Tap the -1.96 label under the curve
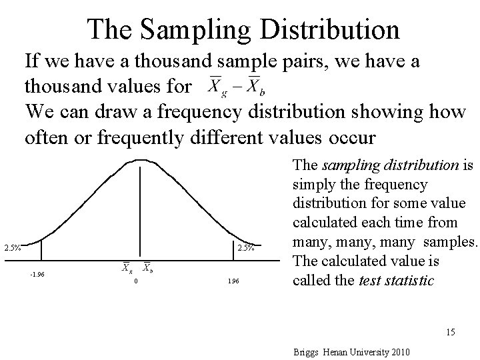coord(37,273)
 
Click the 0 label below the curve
coord(136,281)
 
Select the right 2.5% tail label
coord(247,248)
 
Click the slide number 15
coord(451,331)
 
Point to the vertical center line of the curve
coord(139,207)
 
